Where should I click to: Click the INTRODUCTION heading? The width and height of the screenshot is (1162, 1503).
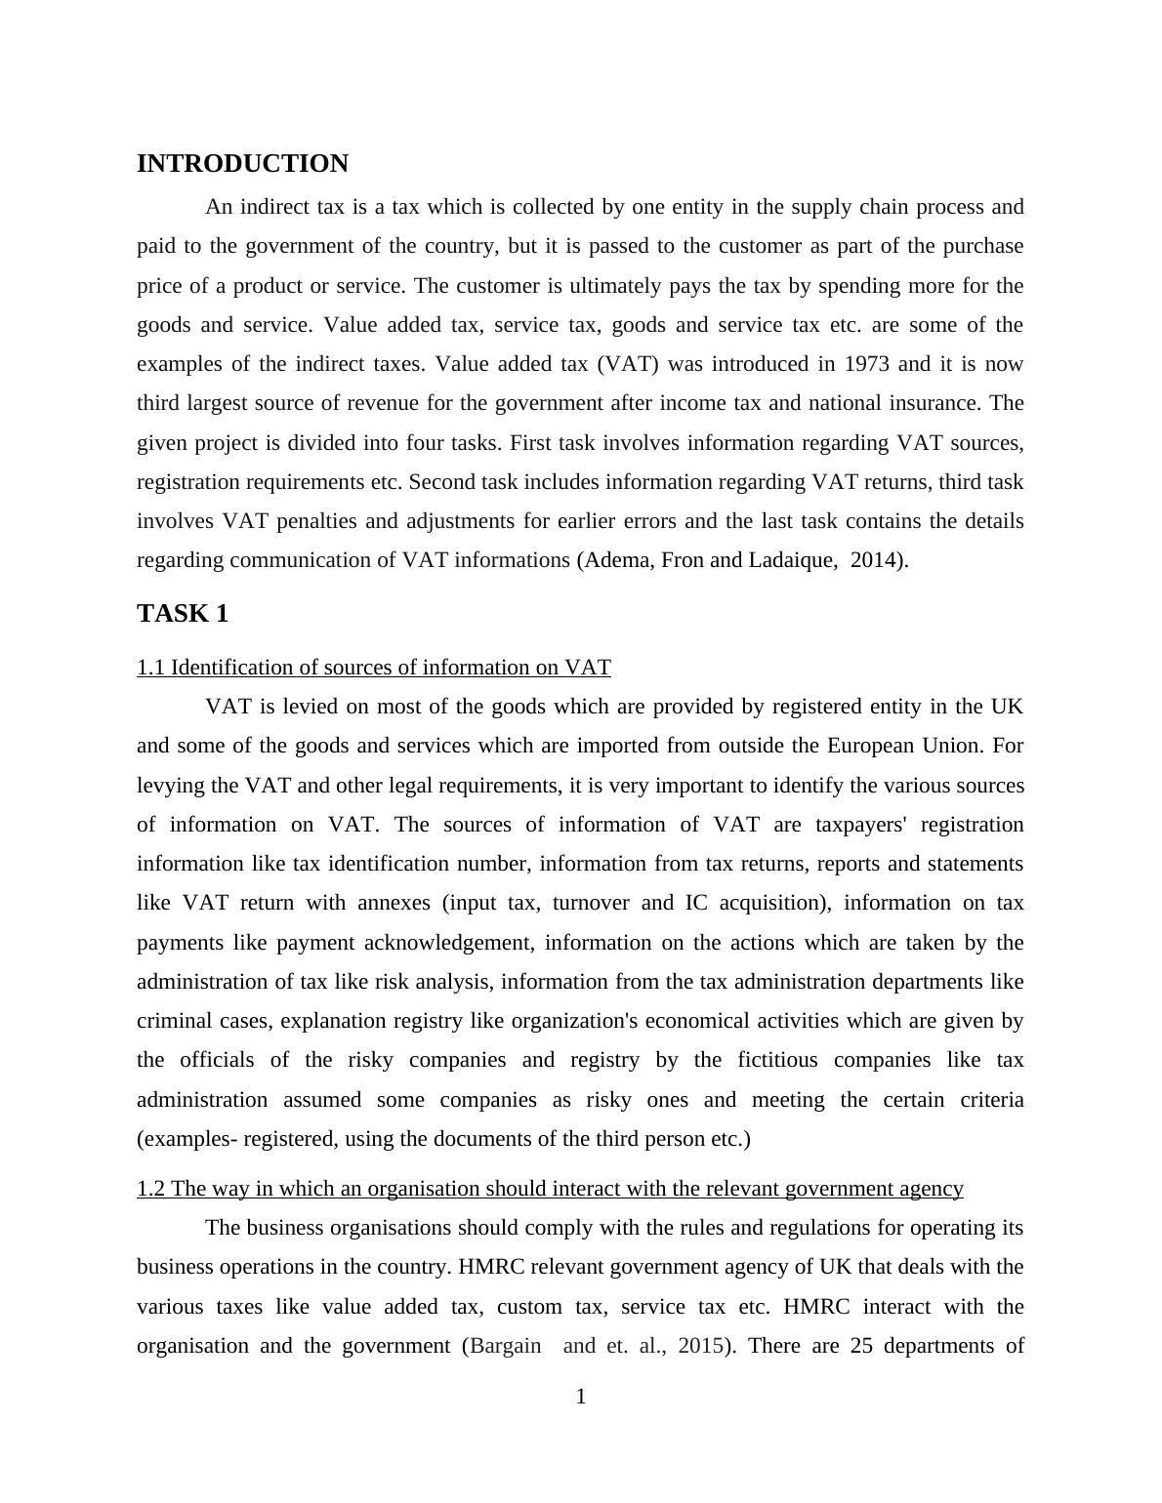click(x=242, y=164)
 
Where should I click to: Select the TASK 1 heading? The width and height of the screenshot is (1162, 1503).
click(x=183, y=614)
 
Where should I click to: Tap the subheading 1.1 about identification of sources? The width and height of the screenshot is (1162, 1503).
click(x=374, y=668)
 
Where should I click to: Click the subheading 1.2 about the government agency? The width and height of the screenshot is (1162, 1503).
click(x=550, y=1189)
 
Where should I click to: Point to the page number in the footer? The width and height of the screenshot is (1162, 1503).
click(x=581, y=1398)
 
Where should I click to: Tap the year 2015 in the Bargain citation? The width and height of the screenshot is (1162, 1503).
click(x=699, y=1346)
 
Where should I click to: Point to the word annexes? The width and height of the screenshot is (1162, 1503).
click(x=394, y=903)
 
